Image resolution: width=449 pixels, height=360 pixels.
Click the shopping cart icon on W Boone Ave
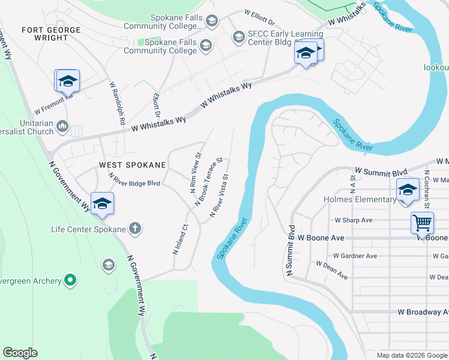pos(423,223)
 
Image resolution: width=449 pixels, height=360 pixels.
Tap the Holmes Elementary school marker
pos(408,190)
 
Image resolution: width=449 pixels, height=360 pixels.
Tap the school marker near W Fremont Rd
pos(67,81)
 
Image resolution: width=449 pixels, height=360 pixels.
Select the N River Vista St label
pos(219,196)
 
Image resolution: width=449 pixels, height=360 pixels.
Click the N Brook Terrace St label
pos(208,182)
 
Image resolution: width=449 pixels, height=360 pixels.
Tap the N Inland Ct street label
pos(181,239)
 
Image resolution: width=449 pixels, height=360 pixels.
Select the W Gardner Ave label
pos(355,256)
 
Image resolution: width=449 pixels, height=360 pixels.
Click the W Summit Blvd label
pos(377,171)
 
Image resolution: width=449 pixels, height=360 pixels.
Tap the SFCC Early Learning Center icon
pos(238,37)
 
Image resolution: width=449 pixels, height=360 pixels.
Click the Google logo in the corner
pos(20,352)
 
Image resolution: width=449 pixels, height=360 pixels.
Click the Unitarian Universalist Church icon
pos(62,126)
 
